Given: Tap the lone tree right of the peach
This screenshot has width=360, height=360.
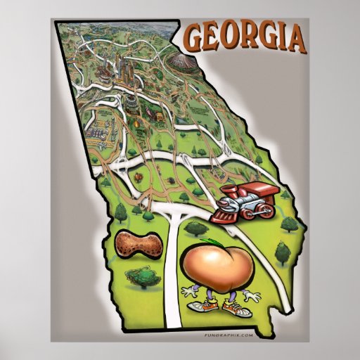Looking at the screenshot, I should pyautogui.click(x=282, y=252).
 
